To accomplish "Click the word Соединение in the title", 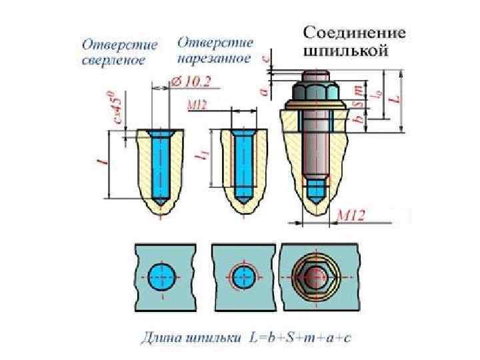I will tap(355, 33).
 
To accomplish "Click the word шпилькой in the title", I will tap(345, 51).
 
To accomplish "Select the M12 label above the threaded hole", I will tap(197, 105).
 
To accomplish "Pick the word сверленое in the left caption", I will tap(113, 60).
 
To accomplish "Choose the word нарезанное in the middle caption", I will tap(214, 59).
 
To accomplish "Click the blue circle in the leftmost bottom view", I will tap(161, 276).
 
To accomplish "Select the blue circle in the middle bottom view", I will tap(242, 276).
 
